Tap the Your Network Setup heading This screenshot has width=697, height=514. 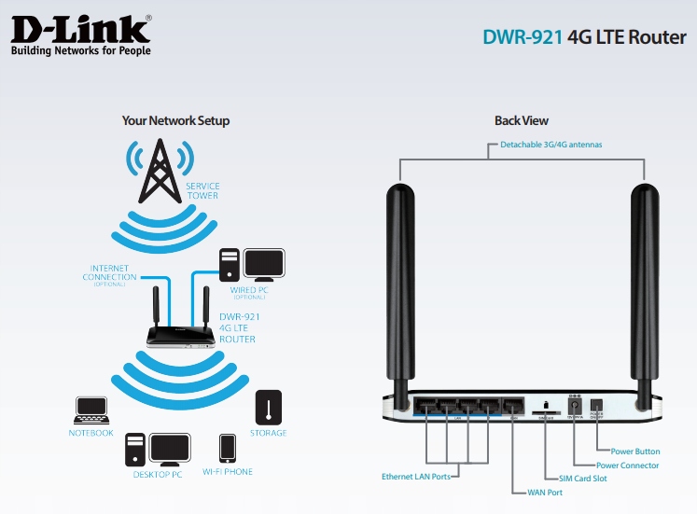click(175, 121)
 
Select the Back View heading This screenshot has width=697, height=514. click(521, 121)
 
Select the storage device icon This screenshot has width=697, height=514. click(268, 407)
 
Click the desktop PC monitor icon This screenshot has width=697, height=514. click(171, 448)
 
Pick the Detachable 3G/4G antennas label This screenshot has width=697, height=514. click(551, 146)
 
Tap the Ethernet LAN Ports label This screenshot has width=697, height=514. click(415, 477)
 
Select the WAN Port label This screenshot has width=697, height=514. click(543, 492)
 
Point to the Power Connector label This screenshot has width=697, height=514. click(627, 465)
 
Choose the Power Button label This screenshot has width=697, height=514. click(634, 451)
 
